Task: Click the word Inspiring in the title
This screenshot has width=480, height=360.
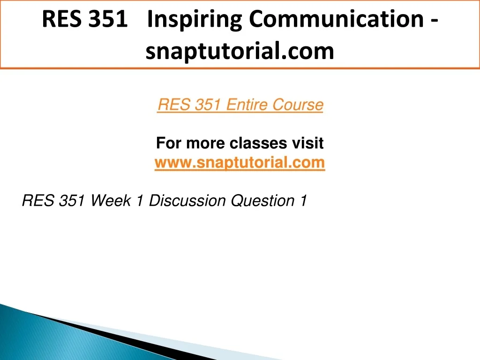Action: point(195,20)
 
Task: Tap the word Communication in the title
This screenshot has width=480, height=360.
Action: point(336,19)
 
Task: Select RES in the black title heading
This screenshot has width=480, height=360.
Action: point(62,19)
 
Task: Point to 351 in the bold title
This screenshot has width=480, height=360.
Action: point(108,19)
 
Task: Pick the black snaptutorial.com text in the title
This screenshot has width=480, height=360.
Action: point(240,52)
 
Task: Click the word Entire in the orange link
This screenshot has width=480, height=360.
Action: point(247,105)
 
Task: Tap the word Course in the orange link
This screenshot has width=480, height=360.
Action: point(298,105)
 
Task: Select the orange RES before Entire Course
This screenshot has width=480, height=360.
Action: point(174,105)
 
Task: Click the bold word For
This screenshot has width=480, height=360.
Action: point(169,143)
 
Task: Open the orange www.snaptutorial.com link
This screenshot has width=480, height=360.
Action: point(240,162)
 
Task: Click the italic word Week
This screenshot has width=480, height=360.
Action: point(111,201)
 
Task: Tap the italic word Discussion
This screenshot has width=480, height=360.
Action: point(187,201)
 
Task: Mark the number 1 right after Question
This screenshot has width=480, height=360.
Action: point(303,201)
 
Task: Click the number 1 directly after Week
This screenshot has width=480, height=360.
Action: point(140,201)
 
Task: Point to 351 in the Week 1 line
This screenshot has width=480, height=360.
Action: point(72,201)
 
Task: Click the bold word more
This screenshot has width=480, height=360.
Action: point(205,143)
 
